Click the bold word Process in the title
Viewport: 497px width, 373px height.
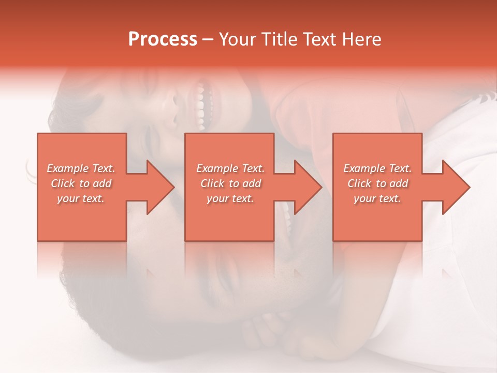coord(163,39)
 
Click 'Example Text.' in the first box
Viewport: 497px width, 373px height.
coord(81,168)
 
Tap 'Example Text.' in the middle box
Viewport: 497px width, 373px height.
coord(230,168)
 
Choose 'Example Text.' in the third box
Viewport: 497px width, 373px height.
coord(377,168)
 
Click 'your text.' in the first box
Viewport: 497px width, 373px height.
coord(81,198)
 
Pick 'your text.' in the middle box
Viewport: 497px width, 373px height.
coord(230,198)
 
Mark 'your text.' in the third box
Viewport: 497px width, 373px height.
coord(377,198)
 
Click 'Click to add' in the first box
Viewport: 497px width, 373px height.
coord(81,183)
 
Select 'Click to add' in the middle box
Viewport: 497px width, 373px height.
coord(230,183)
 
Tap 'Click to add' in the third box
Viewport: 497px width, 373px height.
coord(377,183)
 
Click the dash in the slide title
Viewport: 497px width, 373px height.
coord(208,40)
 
